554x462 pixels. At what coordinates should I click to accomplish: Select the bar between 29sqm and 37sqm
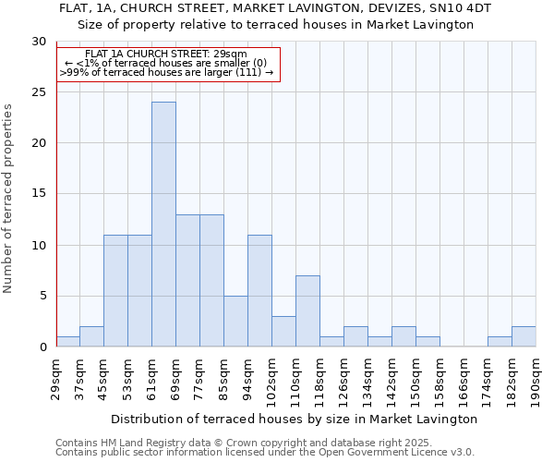click(67, 342)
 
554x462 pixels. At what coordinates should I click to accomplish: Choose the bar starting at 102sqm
click(283, 332)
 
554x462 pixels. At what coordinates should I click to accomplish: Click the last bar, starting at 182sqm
click(524, 337)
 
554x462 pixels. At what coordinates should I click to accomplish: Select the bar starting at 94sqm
click(259, 291)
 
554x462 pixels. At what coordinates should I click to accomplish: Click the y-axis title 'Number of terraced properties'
click(9, 198)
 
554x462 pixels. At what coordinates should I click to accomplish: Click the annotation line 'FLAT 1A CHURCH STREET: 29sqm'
click(166, 55)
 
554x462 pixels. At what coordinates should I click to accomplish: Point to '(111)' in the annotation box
click(249, 72)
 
